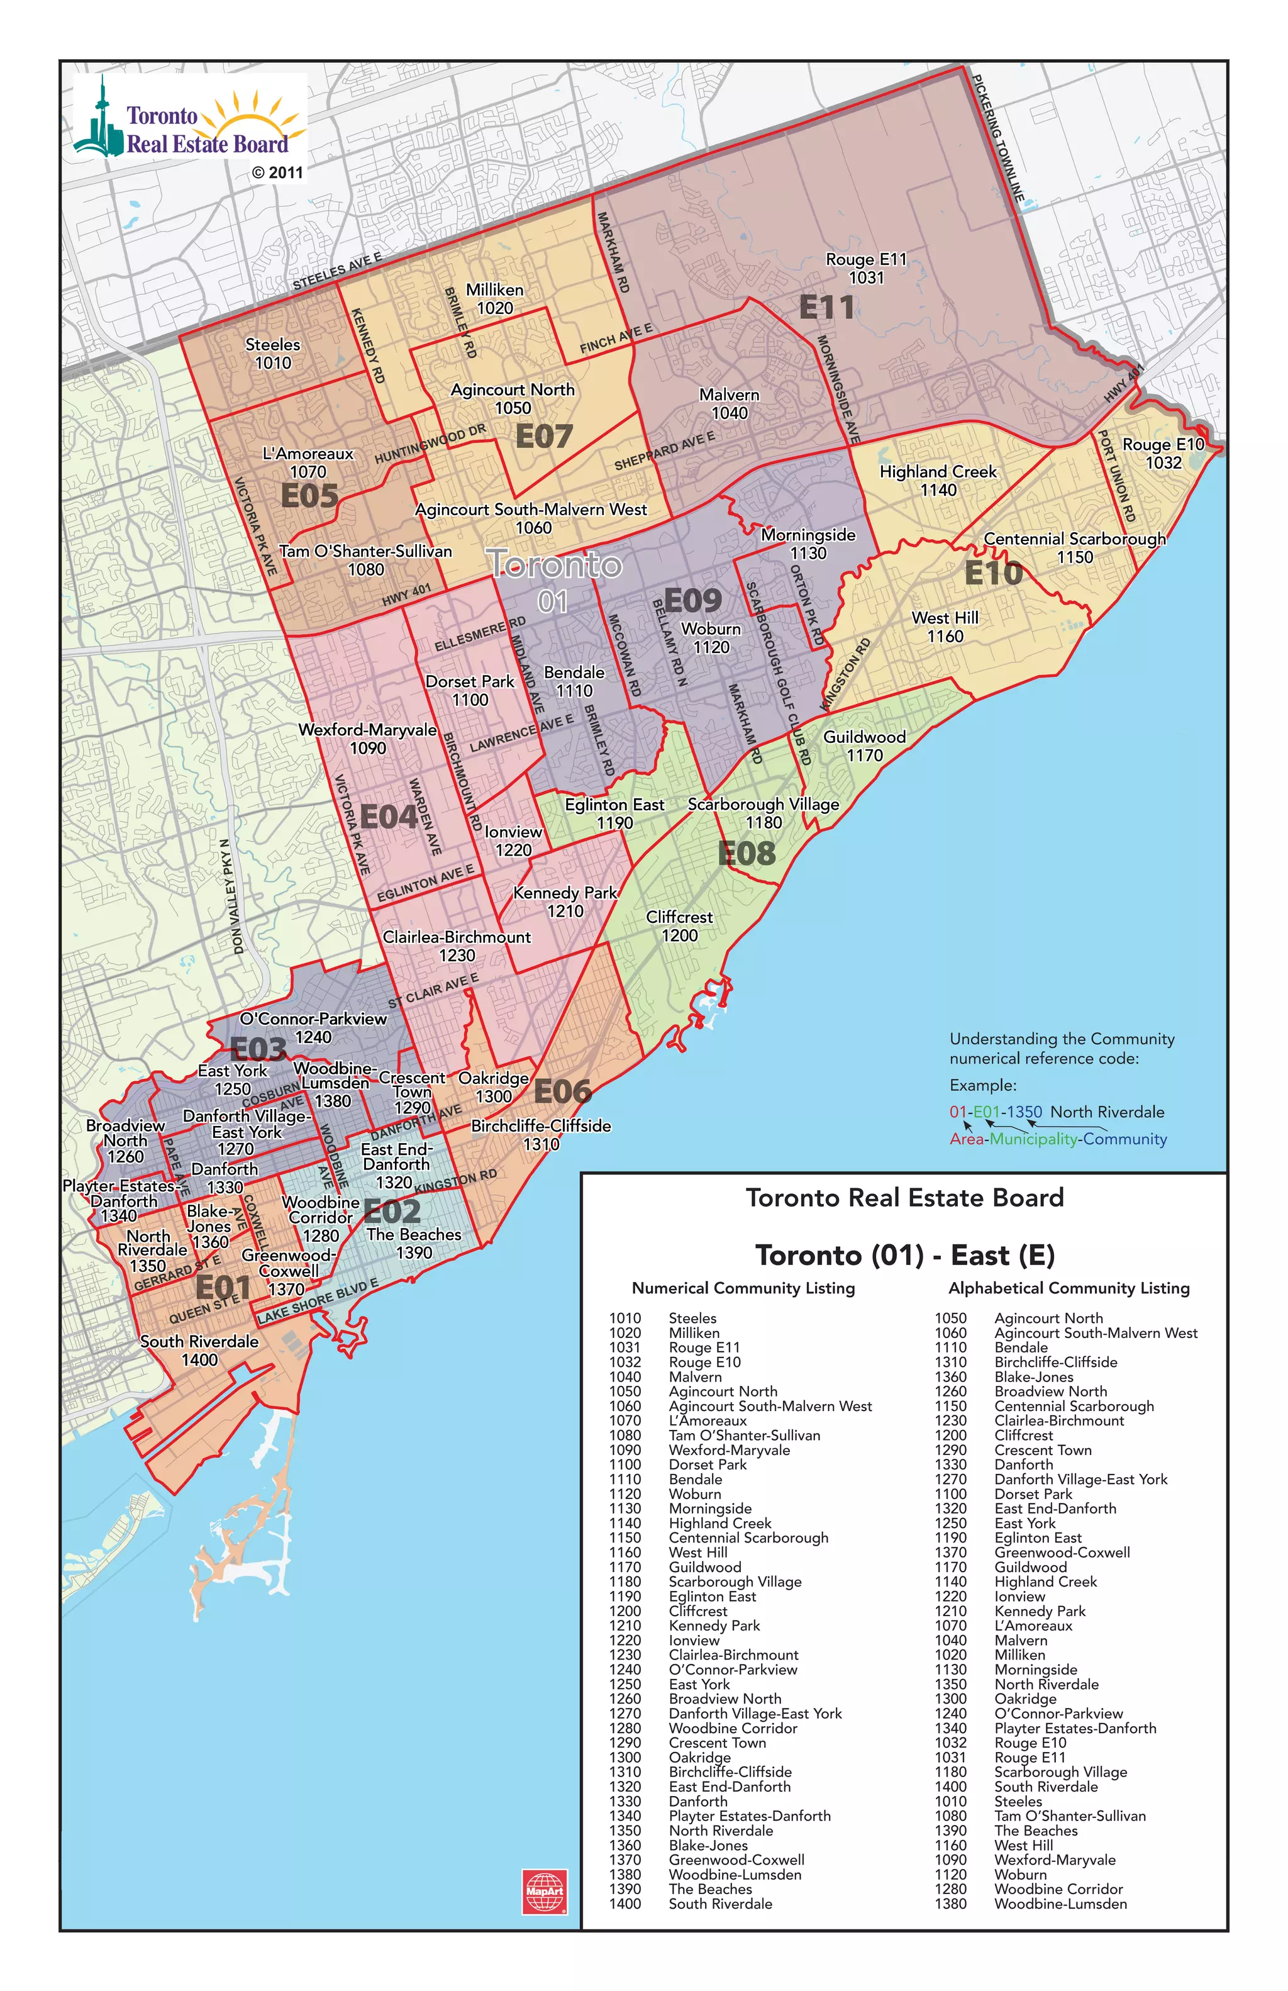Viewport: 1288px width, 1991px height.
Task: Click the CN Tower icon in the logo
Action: point(101,121)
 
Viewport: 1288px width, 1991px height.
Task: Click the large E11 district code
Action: point(826,308)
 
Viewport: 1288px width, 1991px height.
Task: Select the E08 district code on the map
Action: point(747,853)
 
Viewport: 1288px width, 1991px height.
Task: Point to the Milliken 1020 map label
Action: point(495,299)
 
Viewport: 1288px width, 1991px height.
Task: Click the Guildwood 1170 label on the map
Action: point(864,745)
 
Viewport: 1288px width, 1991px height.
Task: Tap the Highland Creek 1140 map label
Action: point(938,480)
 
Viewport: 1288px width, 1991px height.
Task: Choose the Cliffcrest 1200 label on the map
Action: point(679,926)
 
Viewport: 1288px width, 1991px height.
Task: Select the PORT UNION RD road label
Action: point(1116,476)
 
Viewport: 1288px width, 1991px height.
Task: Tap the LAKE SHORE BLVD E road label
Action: point(318,1301)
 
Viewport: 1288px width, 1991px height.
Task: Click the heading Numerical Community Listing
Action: point(743,1288)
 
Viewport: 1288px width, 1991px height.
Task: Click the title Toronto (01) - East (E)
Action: point(904,1255)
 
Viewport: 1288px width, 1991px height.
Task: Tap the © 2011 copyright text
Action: point(277,172)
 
